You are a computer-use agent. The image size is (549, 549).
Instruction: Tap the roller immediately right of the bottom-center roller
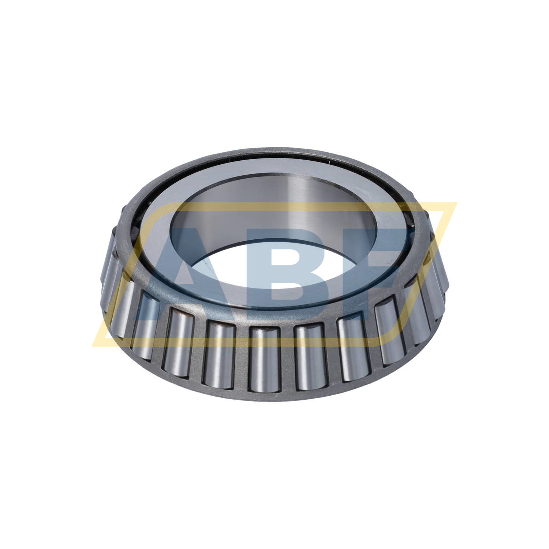pyautogui.click(x=310, y=357)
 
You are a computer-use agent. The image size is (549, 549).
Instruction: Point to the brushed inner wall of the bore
pyautogui.click(x=278, y=205)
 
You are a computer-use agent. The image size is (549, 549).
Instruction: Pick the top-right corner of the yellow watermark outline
pyautogui.click(x=456, y=203)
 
